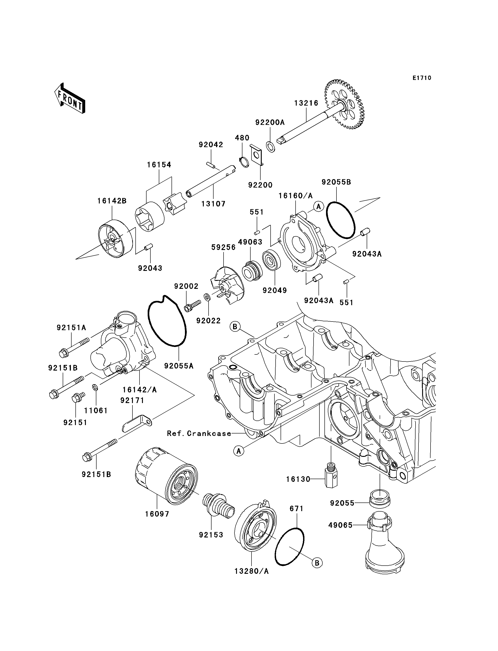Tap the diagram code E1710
[x=422, y=78]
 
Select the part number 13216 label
[x=306, y=103]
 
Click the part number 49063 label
[x=250, y=242]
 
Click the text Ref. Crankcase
[x=199, y=433]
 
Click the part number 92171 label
[x=132, y=401]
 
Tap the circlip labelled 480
[x=244, y=162]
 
